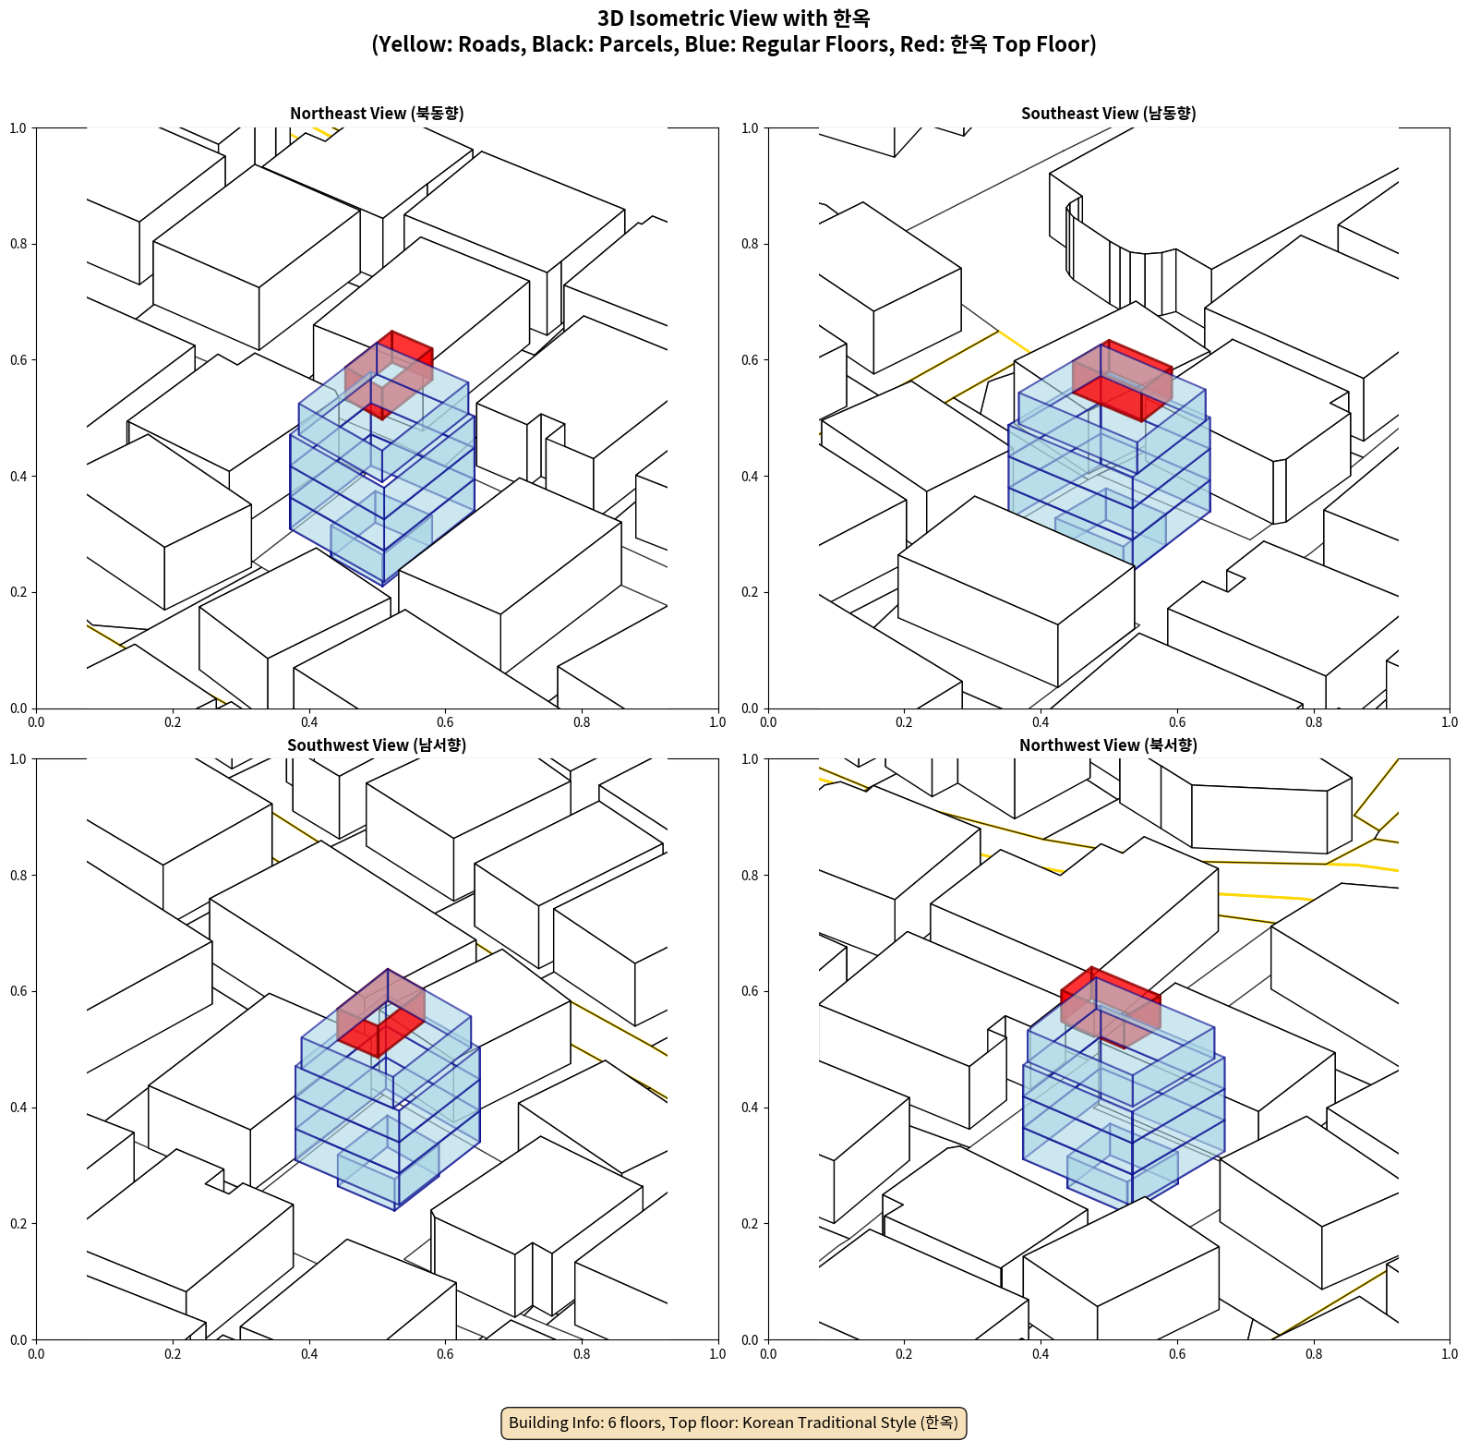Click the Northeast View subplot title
point(377,114)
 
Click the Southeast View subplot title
point(1108,114)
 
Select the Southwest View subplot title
point(377,745)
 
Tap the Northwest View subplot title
point(1108,745)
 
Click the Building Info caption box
point(733,1423)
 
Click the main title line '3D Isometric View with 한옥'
point(733,18)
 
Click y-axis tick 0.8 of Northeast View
point(18,244)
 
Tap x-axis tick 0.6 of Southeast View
point(1177,722)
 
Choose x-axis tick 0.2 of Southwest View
point(173,1354)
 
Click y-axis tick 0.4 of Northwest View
point(751,1108)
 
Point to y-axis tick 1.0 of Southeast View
point(751,128)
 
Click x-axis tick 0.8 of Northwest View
point(1314,1354)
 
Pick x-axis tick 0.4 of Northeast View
point(309,722)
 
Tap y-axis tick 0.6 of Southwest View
point(18,991)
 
